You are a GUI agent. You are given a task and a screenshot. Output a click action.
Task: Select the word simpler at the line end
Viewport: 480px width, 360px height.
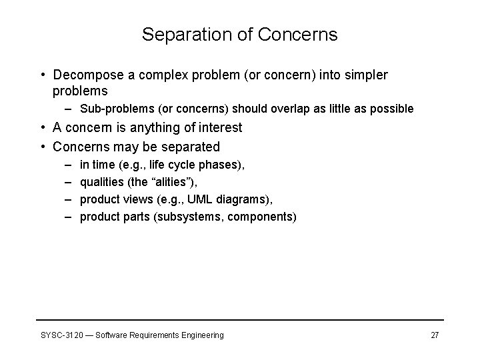pyautogui.click(x=365, y=75)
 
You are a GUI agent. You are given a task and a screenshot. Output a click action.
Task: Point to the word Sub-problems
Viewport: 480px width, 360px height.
pyautogui.click(x=110, y=109)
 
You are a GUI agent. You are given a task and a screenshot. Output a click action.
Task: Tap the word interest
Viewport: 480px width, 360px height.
pyautogui.click(x=219, y=127)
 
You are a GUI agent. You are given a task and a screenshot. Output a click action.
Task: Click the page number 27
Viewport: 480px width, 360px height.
pyautogui.click(x=435, y=335)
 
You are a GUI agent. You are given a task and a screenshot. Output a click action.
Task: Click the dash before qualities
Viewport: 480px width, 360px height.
pyautogui.click(x=69, y=181)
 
